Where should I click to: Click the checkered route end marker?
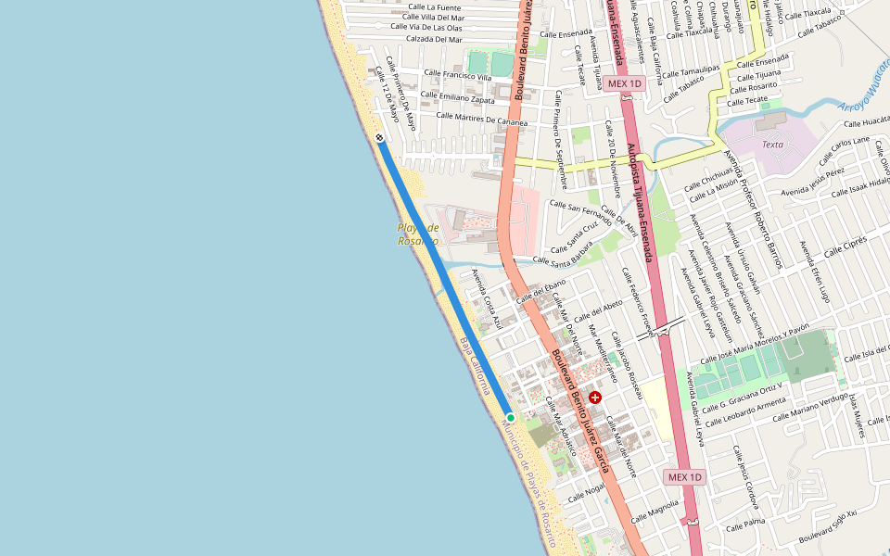click(380, 138)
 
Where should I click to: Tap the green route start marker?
click(510, 418)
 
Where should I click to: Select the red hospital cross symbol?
click(595, 398)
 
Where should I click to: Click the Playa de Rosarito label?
click(418, 234)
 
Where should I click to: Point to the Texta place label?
click(772, 145)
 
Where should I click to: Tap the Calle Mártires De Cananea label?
click(481, 119)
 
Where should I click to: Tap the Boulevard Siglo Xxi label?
click(828, 524)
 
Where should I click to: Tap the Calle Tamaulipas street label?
click(690, 71)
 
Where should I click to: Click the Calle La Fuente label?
click(434, 7)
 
